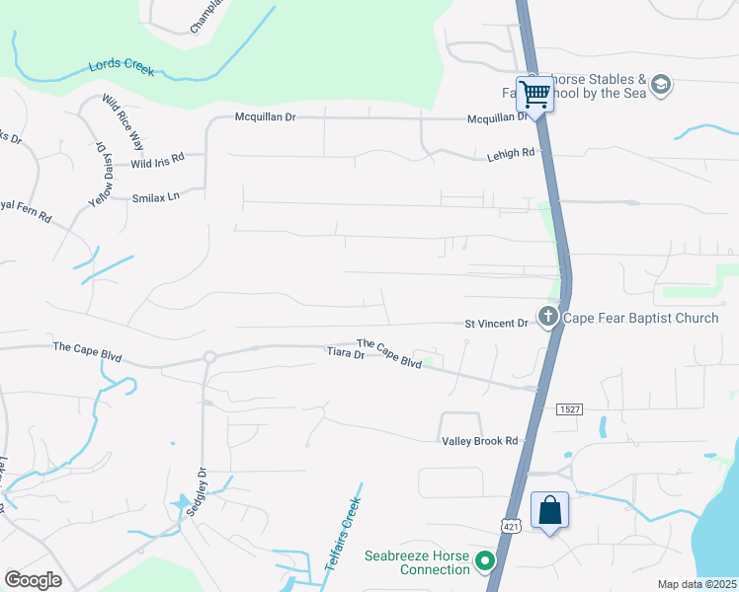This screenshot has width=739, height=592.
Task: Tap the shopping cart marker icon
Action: pos(534,95)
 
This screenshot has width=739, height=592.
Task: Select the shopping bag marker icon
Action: pos(550,511)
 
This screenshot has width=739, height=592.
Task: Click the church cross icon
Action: pos(547,317)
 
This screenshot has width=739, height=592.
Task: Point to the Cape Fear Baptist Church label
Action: pos(641,318)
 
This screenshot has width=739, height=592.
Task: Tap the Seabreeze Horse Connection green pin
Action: pos(484,561)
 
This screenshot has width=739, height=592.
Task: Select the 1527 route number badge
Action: pos(568,408)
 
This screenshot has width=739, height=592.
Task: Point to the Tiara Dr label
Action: pos(346,352)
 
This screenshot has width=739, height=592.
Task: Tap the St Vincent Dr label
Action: pos(497,323)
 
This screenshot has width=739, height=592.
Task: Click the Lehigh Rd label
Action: pos(511,154)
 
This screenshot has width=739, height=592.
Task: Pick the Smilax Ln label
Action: pos(155,197)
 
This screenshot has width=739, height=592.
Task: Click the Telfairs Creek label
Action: pos(343,533)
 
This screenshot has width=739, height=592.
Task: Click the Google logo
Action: pos(33,580)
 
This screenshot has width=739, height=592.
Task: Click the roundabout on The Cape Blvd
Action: pos(209,356)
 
